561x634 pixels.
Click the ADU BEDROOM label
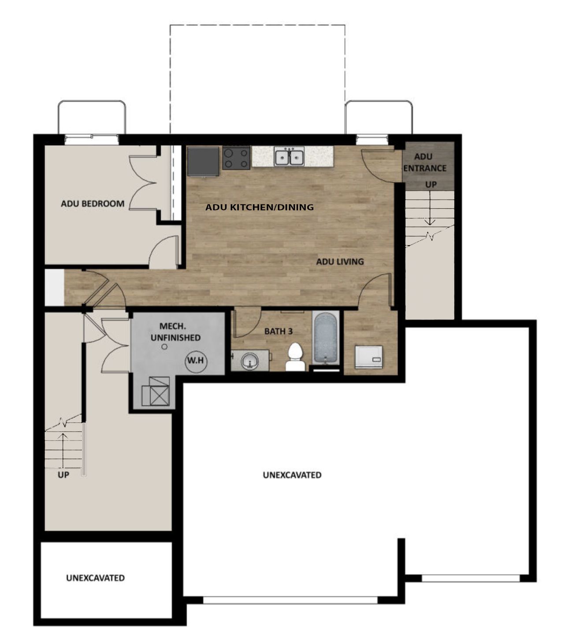[93, 204]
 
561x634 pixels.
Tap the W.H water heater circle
[196, 361]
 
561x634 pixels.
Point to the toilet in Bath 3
[295, 358]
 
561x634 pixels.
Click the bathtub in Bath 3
[326, 338]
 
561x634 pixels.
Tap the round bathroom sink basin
[250, 362]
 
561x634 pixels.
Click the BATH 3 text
[278, 332]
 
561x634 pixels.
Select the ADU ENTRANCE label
[424, 162]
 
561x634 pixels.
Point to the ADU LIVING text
[340, 262]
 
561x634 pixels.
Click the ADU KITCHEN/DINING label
[260, 207]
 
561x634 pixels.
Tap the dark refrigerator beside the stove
[203, 161]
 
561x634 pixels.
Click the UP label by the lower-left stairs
[63, 475]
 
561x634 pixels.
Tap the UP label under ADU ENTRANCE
[431, 185]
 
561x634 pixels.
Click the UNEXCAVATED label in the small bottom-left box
[95, 578]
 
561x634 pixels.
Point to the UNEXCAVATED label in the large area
[292, 475]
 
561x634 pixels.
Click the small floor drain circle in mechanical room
[164, 347]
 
